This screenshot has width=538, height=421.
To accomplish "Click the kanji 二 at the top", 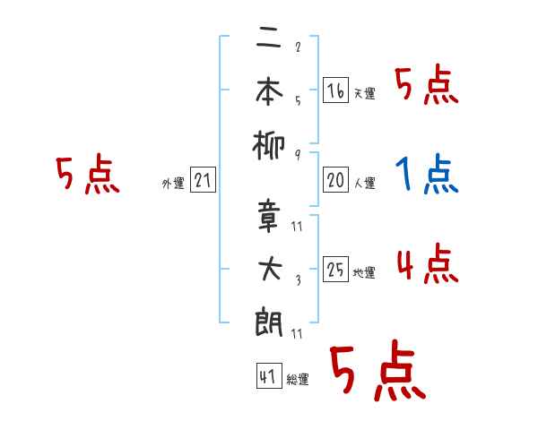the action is coord(267,40).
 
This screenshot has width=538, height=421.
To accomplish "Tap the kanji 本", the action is coord(268,90).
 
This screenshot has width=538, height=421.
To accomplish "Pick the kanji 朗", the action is coord(268,320).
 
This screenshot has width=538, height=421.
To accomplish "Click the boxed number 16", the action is coord(335,90).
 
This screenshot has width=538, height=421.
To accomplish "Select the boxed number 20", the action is coord(335,180).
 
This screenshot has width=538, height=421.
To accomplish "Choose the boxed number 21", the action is coord(203,181).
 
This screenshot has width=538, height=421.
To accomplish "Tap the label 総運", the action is coord(297,380).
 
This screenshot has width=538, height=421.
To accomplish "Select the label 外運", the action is coord(173,185).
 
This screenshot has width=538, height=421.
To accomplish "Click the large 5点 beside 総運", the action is coord(377,372).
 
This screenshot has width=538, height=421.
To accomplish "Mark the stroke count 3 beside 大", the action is coord(297,279).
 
